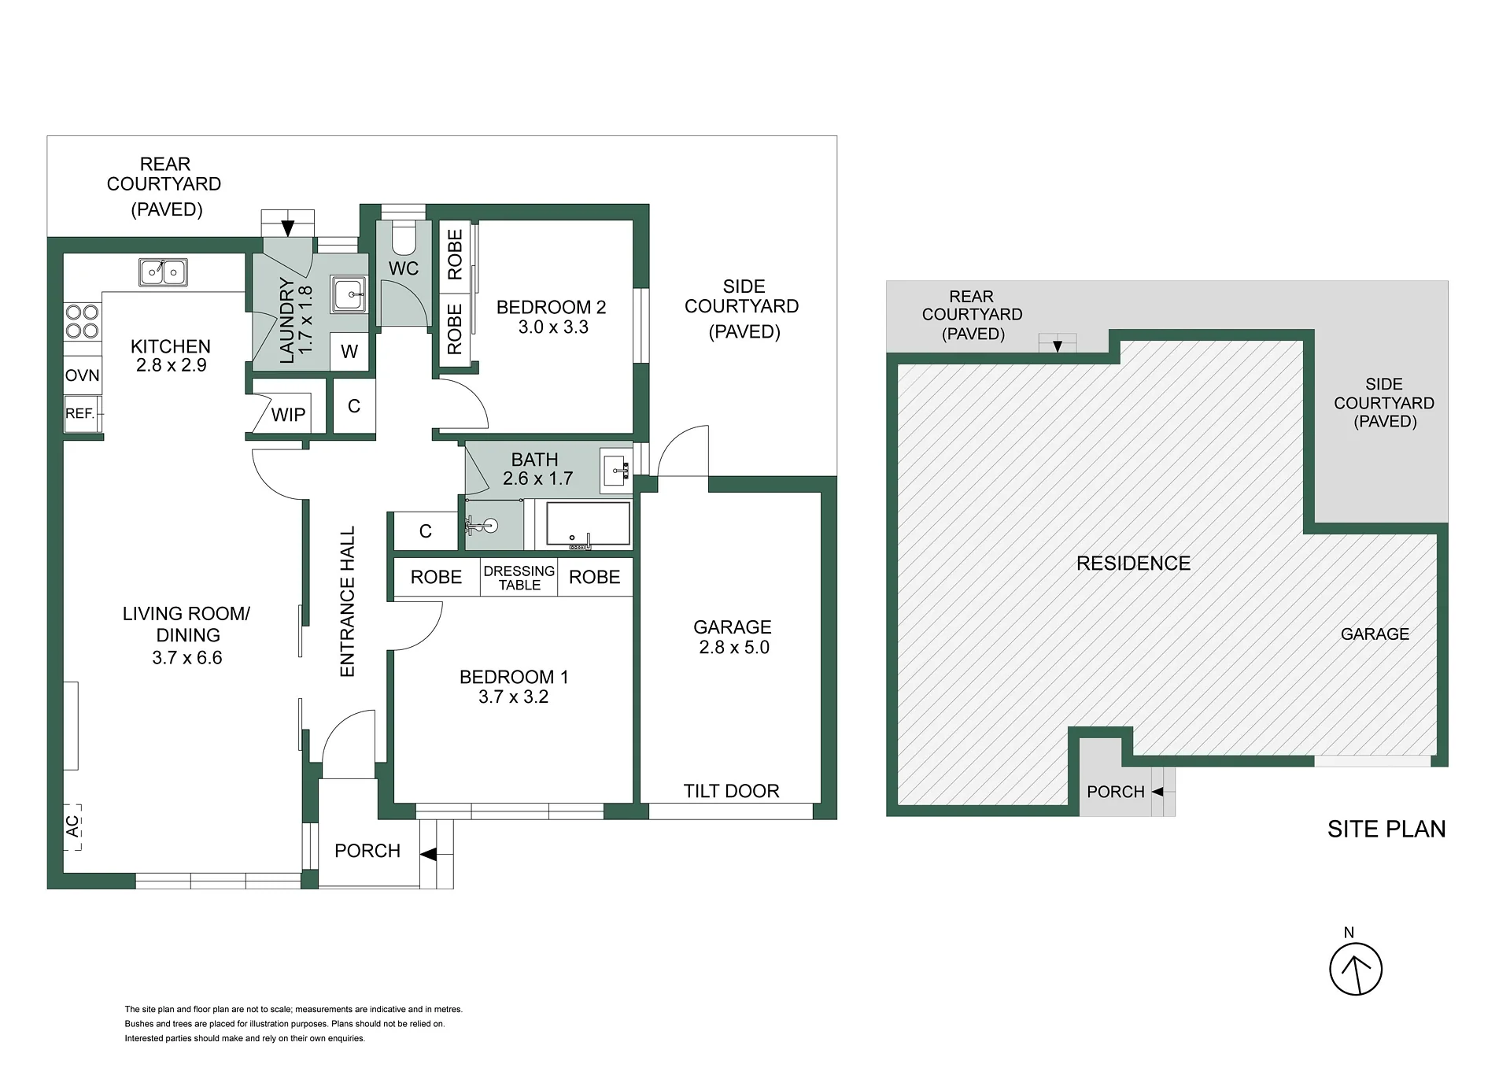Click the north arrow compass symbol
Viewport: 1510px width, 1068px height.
(x=1355, y=969)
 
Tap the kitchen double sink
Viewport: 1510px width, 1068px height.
(x=163, y=272)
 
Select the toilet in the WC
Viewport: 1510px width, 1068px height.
(x=404, y=235)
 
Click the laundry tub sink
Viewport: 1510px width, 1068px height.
(x=348, y=294)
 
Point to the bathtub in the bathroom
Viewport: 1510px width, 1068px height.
(x=588, y=523)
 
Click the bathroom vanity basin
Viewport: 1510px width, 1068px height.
(x=615, y=471)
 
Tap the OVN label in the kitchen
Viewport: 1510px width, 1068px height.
(x=82, y=375)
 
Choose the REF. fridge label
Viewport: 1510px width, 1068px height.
(x=80, y=413)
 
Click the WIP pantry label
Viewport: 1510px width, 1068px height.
(x=288, y=415)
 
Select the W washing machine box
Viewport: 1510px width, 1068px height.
(x=349, y=352)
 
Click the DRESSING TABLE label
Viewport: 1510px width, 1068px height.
(x=519, y=578)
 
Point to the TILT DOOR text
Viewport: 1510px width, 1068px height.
(x=731, y=791)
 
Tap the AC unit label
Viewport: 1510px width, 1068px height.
(x=72, y=826)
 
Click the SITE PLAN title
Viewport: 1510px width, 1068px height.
(x=1386, y=829)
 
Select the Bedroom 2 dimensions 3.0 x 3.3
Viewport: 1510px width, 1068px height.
(x=553, y=327)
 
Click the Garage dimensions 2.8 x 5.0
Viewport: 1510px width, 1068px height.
(x=734, y=648)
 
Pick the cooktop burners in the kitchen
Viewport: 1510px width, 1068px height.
(x=82, y=321)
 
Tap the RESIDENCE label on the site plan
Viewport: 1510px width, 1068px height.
(x=1133, y=564)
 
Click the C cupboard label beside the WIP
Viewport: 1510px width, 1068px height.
(x=354, y=406)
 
